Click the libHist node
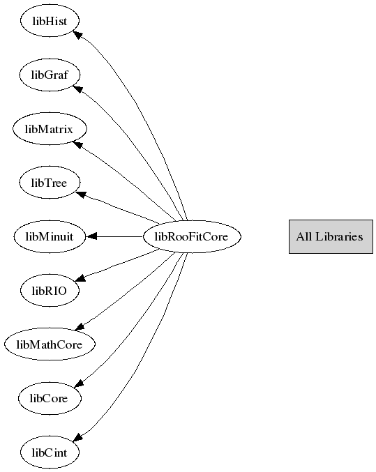(50, 21)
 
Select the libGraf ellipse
(50, 75)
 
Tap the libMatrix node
(50, 129)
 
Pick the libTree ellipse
(50, 183)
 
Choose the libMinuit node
(50, 236)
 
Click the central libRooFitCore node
(192, 236)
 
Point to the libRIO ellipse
(50, 291)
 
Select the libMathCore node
(50, 344)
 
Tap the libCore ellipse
(50, 398)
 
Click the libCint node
(50, 452)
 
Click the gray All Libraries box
(331, 236)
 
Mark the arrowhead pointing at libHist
(78, 34)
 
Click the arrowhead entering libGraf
(77, 89)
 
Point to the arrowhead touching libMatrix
(77, 145)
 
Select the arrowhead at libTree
(81, 195)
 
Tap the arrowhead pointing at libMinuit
(91, 236)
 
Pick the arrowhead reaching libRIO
(80, 278)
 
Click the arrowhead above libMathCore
(80, 326)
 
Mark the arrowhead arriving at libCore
(79, 383)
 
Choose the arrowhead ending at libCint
(78, 437)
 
